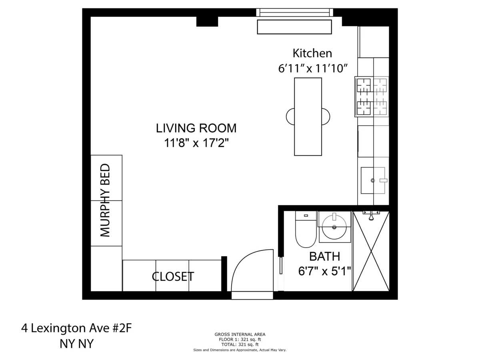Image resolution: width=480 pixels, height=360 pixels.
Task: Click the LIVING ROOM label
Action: [196, 128]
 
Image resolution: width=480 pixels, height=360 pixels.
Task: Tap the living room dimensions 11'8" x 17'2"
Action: [196, 143]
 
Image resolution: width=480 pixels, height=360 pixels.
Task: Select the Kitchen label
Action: [312, 53]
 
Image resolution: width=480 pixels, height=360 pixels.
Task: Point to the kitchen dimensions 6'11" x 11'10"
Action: [312, 68]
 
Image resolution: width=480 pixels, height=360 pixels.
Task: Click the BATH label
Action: [324, 256]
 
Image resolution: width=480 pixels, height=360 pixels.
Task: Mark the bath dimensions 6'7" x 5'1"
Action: [324, 271]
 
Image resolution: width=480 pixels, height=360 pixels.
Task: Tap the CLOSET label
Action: [173, 276]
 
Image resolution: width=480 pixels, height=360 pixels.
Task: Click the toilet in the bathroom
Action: [306, 232]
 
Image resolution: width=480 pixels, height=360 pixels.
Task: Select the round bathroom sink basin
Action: [334, 226]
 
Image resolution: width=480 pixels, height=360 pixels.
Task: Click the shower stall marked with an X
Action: [371, 251]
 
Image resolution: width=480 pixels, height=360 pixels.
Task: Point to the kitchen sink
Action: [373, 180]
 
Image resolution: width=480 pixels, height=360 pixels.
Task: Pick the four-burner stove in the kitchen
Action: [372, 97]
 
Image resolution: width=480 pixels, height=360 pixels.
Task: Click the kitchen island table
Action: [308, 116]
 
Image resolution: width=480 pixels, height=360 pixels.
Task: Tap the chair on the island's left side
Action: [290, 116]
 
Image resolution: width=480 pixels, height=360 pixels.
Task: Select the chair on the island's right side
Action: [326, 116]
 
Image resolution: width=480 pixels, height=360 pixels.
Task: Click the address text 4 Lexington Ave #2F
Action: [76, 328]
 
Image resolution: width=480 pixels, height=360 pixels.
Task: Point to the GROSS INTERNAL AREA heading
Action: [240, 334]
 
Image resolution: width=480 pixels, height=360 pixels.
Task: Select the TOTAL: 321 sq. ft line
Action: [240, 344]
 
